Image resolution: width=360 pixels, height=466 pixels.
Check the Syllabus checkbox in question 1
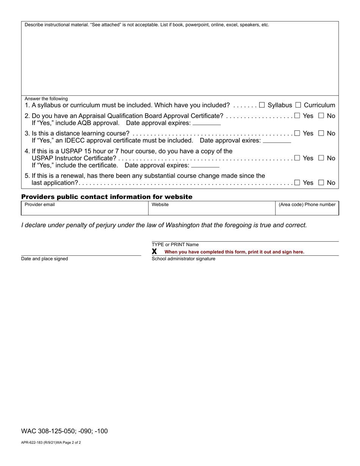(x=262, y=105)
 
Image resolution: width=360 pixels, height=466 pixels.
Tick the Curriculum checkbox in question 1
(x=298, y=105)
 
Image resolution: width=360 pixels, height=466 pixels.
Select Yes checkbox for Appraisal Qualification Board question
(x=297, y=116)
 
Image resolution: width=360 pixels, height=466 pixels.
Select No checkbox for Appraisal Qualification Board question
(x=321, y=116)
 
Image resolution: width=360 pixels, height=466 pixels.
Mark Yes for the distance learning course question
(x=297, y=133)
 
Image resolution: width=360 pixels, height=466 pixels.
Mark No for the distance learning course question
(x=321, y=133)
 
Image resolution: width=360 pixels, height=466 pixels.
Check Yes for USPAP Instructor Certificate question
(x=297, y=158)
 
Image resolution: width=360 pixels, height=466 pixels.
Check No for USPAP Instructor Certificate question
(x=321, y=158)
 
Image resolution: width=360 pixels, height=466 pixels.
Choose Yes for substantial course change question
(x=297, y=183)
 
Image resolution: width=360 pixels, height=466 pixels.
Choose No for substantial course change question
(x=321, y=183)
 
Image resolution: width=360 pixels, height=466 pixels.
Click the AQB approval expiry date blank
(x=207, y=123)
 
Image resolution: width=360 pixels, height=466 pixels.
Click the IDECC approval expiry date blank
(x=277, y=141)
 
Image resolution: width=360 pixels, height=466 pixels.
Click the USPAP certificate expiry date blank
(x=205, y=166)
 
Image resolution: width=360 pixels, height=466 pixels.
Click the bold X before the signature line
(x=154, y=252)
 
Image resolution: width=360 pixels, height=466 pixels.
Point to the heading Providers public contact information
(x=107, y=197)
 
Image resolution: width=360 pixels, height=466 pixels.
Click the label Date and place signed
(x=45, y=259)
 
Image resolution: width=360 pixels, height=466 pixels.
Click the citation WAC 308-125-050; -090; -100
(x=64, y=431)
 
